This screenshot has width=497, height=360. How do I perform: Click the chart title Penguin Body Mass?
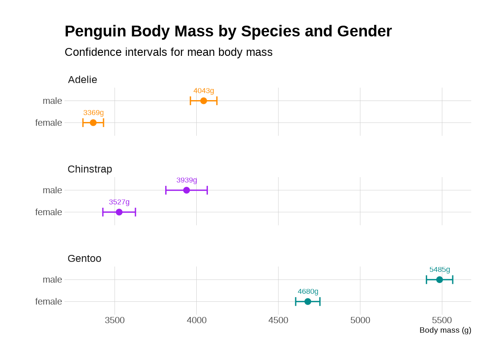click(228, 31)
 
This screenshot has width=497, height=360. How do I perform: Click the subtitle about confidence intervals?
click(169, 52)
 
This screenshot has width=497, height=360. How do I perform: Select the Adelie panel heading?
click(82, 79)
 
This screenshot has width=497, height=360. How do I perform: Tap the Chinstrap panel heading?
click(90, 169)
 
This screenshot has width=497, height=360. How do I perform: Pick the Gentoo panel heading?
click(84, 258)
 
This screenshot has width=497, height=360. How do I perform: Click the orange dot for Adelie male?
click(203, 101)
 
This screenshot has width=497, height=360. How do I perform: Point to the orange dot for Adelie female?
click(93, 122)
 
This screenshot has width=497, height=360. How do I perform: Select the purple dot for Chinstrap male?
click(186, 190)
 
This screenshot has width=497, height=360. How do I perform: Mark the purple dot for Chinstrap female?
click(119, 212)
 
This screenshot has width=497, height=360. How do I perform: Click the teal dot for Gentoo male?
click(439, 279)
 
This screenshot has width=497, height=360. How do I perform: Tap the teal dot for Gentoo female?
click(308, 301)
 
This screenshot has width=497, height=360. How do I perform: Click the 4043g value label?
click(204, 91)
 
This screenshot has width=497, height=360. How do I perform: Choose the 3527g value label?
click(119, 202)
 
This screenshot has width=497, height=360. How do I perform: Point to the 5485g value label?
click(439, 269)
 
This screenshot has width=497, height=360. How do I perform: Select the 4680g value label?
click(308, 291)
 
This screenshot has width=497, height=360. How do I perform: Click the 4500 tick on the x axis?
click(278, 320)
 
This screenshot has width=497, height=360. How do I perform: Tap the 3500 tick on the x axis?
click(115, 320)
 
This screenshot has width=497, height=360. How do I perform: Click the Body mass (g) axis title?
click(445, 330)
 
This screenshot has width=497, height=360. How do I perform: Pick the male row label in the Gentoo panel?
click(52, 279)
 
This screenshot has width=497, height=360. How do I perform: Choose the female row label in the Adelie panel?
click(48, 122)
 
